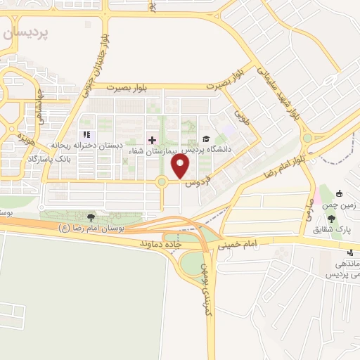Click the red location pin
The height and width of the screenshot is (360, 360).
click(x=181, y=167)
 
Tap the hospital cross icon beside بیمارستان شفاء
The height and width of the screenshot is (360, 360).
click(x=153, y=140)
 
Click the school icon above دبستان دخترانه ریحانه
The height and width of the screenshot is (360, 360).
click(x=86, y=134)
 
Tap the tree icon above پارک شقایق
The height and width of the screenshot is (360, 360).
click(x=331, y=219)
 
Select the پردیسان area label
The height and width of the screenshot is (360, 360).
click(x=25, y=33)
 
